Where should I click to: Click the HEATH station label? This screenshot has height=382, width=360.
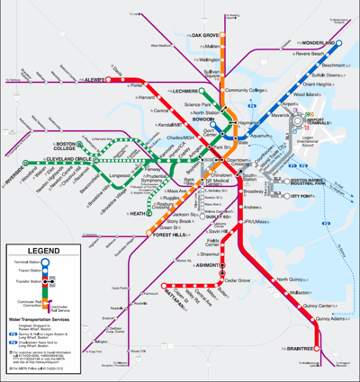pyautogui.click(x=138, y=214)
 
